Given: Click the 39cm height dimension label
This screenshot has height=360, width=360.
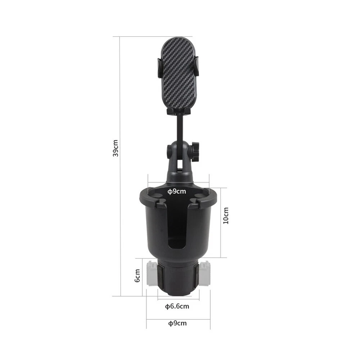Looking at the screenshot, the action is click(116, 148).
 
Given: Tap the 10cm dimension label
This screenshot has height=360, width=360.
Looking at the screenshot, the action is click(226, 216).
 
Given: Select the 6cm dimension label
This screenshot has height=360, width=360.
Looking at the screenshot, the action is click(137, 275).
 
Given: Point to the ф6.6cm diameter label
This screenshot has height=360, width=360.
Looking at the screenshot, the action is click(177, 306).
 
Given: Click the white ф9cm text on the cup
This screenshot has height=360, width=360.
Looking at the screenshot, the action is click(176, 191).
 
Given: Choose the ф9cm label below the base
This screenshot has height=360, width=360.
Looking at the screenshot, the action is click(177, 323).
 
